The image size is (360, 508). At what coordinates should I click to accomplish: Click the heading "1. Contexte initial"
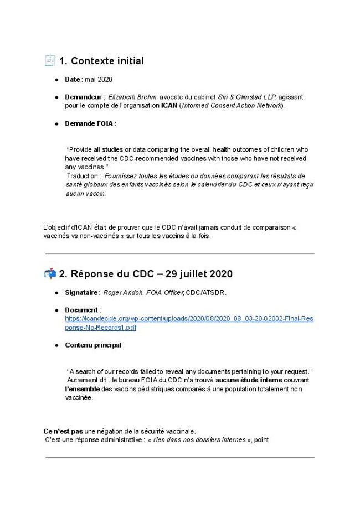click(x=101, y=61)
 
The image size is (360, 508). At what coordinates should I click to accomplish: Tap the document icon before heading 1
click(x=50, y=60)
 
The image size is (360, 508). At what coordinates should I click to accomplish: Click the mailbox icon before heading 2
click(x=50, y=273)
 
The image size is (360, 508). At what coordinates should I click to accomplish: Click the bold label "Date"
click(x=73, y=80)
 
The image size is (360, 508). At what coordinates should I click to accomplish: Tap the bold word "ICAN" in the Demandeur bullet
click(x=169, y=105)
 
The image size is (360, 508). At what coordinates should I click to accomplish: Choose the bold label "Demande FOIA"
click(x=89, y=123)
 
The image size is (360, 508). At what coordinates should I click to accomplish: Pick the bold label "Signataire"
click(x=81, y=292)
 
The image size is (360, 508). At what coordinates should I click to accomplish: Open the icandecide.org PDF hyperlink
click(x=189, y=319)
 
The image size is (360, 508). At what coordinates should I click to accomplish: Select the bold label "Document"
click(x=81, y=310)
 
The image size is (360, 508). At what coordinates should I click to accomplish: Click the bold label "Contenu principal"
click(x=94, y=345)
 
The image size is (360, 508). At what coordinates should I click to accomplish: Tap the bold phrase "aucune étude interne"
click(x=249, y=380)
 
